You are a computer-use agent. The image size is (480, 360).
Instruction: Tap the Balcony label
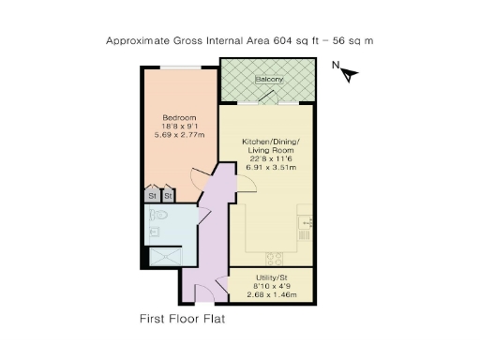[x=269, y=80]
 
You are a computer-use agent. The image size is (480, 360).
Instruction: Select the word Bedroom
[x=179, y=117]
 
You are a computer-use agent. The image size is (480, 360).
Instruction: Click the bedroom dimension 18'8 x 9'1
[x=179, y=127]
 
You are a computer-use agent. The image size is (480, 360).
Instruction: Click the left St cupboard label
[x=152, y=197]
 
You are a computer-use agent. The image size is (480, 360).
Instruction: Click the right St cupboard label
[x=168, y=197]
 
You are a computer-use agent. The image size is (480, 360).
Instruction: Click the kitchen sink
[x=304, y=224]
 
